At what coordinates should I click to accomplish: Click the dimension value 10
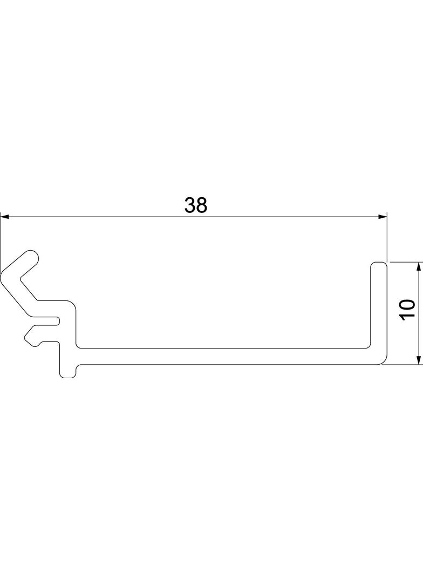pos(407,310)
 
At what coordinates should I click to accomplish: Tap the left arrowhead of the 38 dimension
pos(5,217)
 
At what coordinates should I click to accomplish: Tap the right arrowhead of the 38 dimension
pos(383,217)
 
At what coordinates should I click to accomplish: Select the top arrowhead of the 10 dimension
pos(418,267)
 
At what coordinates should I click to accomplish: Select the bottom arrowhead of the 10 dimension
pos(418,360)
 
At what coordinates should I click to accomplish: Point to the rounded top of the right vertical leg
pos(379,264)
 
